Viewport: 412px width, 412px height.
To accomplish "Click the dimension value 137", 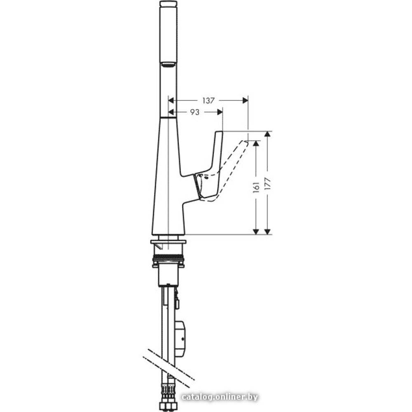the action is coord(208,101).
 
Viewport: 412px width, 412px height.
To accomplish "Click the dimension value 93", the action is coord(195,112).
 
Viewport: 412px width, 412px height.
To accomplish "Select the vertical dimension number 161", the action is coord(256,187).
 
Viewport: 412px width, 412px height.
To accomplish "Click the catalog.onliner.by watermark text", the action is coord(220,397).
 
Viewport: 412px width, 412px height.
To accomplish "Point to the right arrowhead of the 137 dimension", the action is coord(245,101).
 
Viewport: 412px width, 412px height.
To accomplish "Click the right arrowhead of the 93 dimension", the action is coord(220,112).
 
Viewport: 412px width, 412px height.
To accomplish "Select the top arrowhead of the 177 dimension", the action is coord(267,134).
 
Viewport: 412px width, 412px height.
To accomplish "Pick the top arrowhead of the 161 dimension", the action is coord(256,143).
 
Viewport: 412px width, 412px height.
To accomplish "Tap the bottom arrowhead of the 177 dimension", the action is coord(267,232).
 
